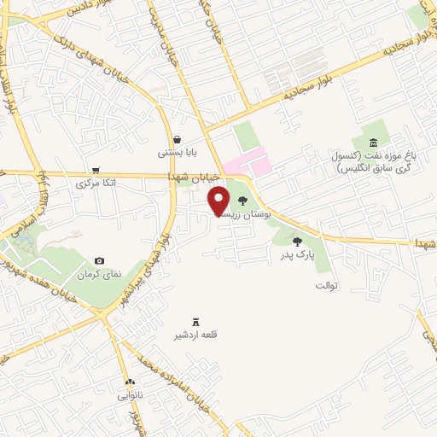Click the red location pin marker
219,199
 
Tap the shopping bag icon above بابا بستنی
177,139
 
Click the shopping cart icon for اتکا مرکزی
96,169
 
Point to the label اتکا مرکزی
96,184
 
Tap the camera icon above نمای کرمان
100,260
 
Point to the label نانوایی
131,396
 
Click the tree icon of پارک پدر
297,242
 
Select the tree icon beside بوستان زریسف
243,201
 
